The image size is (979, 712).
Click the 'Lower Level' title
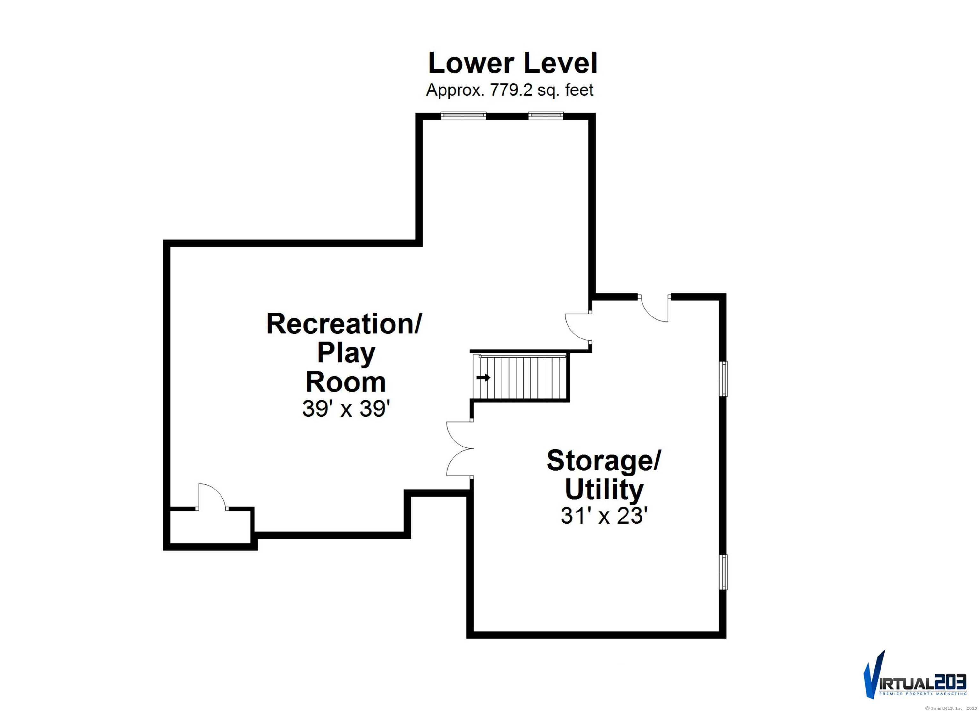(512, 63)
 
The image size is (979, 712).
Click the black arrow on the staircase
(483, 377)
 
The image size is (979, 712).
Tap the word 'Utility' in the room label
(604, 490)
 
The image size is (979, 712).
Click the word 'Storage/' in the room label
(604, 461)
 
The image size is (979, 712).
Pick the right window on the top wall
(546, 115)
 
